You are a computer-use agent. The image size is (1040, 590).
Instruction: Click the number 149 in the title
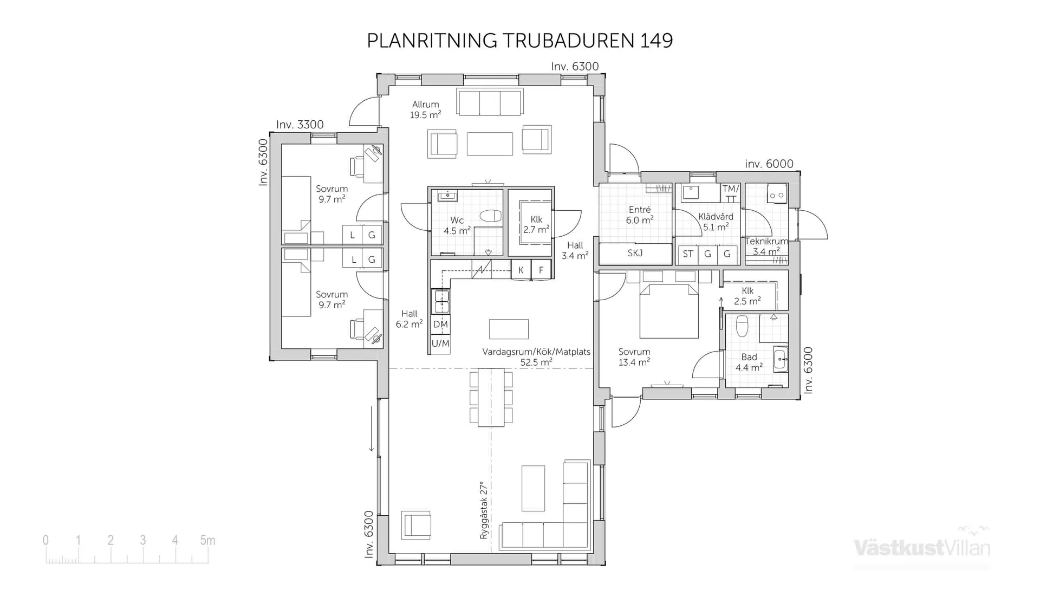point(656,41)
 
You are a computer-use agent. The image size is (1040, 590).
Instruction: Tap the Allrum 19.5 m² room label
point(425,109)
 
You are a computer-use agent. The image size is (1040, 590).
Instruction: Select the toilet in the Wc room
point(491,216)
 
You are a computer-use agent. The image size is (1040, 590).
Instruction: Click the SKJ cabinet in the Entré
point(635,253)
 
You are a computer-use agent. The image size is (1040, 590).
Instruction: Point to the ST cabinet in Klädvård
point(688,254)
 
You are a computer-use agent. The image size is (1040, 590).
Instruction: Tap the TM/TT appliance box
point(730,193)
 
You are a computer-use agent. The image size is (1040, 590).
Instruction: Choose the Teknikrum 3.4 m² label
point(766,247)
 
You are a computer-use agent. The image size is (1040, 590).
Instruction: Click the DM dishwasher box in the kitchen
point(440,325)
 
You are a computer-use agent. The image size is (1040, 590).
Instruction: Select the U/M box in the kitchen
point(440,343)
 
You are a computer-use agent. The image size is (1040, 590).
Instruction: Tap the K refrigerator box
point(521,270)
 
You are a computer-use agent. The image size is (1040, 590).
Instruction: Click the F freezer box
point(541,270)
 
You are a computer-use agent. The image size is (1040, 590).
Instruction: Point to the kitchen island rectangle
point(509,329)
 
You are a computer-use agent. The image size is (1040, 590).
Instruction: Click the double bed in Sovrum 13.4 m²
point(669,312)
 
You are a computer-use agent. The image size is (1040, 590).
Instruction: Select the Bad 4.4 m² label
point(749,362)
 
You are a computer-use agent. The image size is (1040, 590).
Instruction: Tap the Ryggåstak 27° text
point(484,510)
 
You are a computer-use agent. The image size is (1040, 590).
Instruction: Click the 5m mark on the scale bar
point(207,540)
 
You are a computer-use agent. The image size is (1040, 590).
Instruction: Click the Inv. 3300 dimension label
point(300,125)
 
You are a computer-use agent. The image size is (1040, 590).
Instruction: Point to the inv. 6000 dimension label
point(769,164)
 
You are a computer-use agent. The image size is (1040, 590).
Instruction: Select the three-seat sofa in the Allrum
point(490,102)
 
